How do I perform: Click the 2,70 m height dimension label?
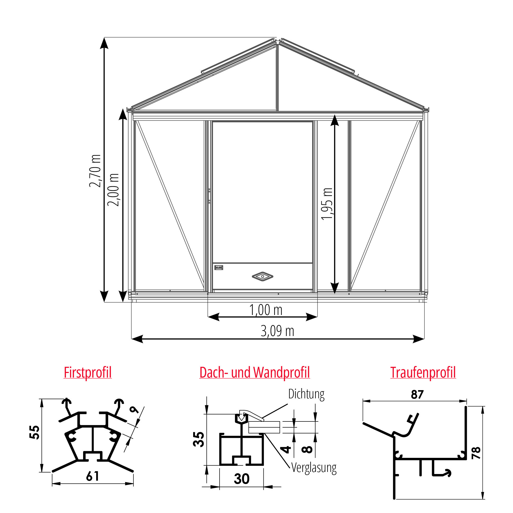click(95, 171)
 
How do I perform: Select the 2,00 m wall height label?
click(113, 190)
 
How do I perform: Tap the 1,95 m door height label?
click(327, 204)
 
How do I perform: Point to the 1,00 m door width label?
click(265, 310)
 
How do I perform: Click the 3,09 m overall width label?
click(277, 331)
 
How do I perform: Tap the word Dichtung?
click(307, 394)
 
